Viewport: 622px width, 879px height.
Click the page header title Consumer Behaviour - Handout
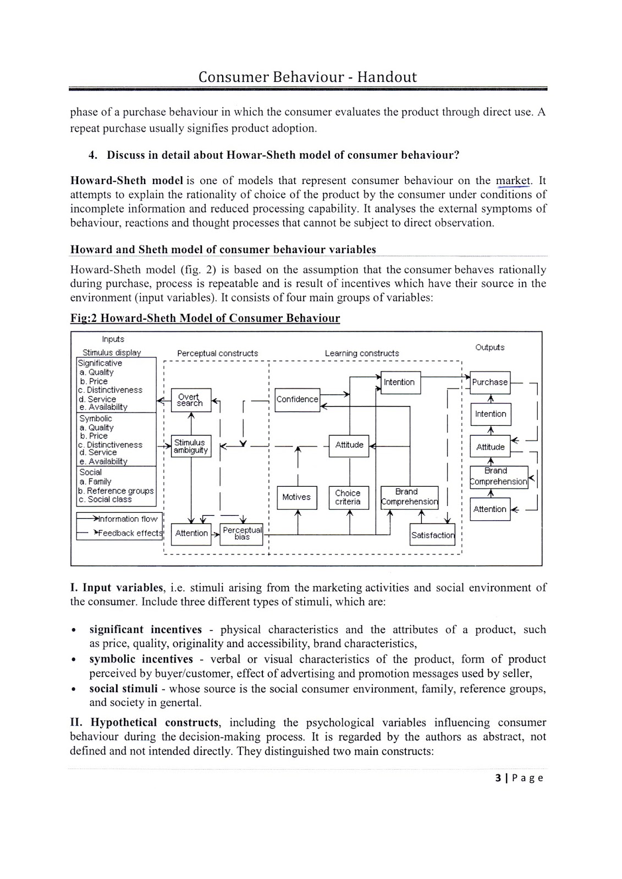307,77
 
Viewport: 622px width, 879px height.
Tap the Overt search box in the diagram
190,399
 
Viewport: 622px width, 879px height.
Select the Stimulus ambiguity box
191,446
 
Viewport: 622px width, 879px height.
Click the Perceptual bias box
241,533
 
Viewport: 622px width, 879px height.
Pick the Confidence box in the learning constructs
297,399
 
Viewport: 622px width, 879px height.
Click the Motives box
296,497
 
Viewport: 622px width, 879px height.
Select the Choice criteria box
348,497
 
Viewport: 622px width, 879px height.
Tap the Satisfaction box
433,535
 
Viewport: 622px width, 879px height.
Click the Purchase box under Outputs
489,382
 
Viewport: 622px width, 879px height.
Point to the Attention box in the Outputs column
489,509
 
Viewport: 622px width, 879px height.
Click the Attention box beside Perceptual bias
191,533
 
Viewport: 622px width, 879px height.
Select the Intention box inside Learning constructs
399,382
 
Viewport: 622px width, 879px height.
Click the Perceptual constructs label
217,353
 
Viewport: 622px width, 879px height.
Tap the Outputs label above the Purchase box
489,347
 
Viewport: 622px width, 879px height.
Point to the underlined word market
513,181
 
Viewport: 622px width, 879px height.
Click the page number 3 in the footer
498,777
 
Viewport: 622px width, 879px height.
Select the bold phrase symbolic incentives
141,659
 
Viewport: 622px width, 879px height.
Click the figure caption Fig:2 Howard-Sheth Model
205,319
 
